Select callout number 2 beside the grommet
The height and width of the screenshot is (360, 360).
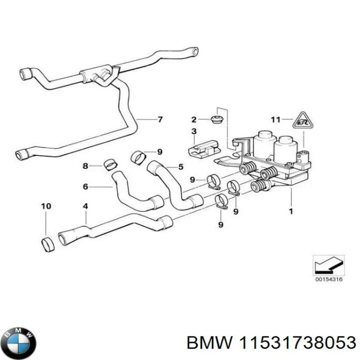pos(193,119)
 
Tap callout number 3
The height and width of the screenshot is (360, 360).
pos(193,131)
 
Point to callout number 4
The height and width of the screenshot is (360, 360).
pos(85,205)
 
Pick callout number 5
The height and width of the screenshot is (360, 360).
pos(180,166)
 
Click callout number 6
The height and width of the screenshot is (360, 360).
pos(85,186)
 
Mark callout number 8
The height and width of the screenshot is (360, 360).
pos(85,166)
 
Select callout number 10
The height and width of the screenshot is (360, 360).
pos(46,205)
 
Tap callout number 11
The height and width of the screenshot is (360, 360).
pos(274,119)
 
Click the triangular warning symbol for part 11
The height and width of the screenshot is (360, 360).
pos(300,120)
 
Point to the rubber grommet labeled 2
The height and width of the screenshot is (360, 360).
pos(217,119)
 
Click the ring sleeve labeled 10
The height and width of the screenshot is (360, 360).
pos(48,244)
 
